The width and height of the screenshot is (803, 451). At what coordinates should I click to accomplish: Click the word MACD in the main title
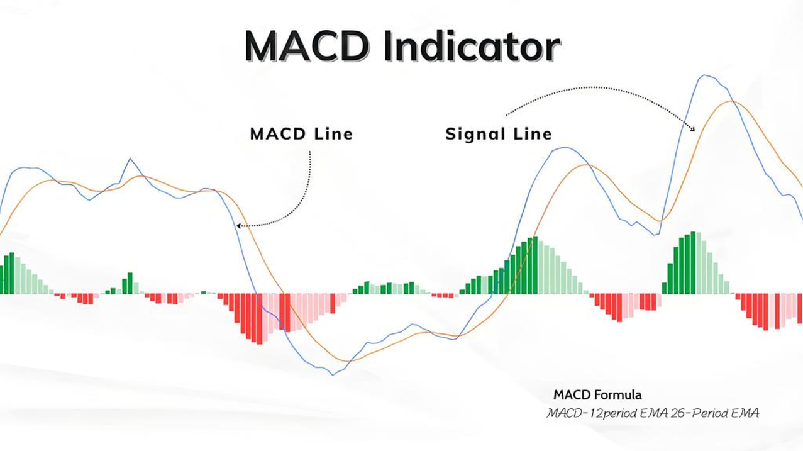click(307, 47)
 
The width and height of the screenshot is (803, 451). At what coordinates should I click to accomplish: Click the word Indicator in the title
click(472, 46)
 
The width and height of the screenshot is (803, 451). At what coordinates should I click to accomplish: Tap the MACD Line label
click(301, 134)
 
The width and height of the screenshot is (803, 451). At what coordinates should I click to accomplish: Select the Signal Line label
click(498, 134)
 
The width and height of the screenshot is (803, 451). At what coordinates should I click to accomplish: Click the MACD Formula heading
click(597, 395)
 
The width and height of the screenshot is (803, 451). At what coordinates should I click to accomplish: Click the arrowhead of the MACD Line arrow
click(239, 226)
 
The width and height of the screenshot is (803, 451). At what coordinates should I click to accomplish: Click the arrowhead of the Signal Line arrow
click(693, 129)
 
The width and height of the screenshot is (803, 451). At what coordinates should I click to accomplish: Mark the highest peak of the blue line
click(704, 75)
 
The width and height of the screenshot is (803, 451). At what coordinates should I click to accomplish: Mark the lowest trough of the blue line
click(333, 375)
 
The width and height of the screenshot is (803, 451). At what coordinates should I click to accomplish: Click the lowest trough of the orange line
click(347, 360)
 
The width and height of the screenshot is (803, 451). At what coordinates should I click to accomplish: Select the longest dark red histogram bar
click(260, 319)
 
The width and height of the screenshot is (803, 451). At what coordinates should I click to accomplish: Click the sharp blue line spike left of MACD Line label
click(130, 159)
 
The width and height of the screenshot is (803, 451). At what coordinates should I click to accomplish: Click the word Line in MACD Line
click(334, 134)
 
